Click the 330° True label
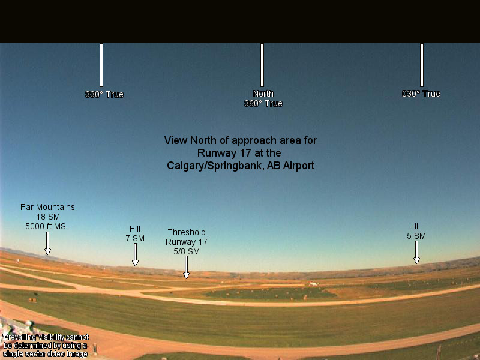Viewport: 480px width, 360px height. click(104, 94)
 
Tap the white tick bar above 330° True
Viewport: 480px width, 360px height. click(101, 65)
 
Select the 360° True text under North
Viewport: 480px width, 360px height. click(263, 103)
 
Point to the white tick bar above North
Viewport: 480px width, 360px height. click(262, 65)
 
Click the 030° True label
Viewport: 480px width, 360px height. click(421, 94)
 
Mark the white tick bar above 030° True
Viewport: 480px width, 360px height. click(422, 65)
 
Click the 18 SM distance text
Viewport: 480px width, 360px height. click(48, 217)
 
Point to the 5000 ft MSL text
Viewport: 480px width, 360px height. click(48, 227)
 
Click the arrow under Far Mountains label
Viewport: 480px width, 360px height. click(47, 244)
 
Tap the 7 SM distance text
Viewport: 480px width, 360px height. click(135, 238)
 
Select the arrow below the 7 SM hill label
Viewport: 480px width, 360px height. click(135, 254)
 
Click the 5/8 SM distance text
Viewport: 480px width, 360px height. click(187, 251)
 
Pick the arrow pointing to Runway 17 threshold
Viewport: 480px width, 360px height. click(186, 267)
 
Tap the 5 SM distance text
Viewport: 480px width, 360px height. click(416, 236)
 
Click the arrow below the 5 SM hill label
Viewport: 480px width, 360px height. click(416, 252)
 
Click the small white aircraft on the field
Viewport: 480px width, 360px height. click(313, 283)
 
